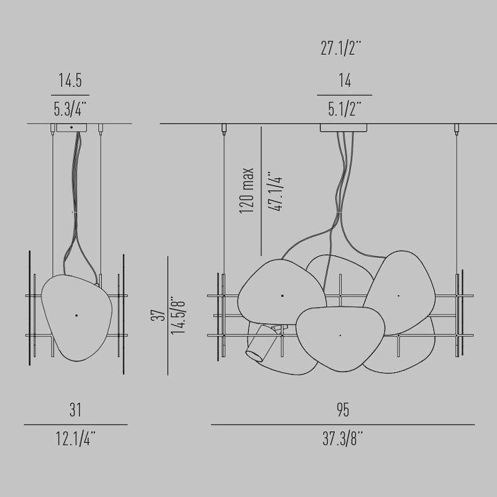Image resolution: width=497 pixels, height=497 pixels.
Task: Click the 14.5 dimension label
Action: tap(70, 80)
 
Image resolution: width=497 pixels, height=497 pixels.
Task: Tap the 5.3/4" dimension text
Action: tap(70, 109)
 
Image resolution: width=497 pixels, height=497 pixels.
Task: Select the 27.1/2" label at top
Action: tap(341, 48)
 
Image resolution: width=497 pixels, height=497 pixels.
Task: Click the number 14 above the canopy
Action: tap(345, 80)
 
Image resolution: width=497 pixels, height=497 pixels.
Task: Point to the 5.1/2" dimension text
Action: tap(345, 109)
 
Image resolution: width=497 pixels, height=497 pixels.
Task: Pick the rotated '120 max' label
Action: tap(247, 191)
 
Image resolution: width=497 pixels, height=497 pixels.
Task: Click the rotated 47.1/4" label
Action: tap(275, 191)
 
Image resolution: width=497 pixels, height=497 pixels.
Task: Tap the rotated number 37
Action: tap(158, 316)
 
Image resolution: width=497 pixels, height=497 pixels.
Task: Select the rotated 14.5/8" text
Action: tap(178, 316)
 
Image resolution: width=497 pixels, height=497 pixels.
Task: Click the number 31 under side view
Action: tap(75, 409)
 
